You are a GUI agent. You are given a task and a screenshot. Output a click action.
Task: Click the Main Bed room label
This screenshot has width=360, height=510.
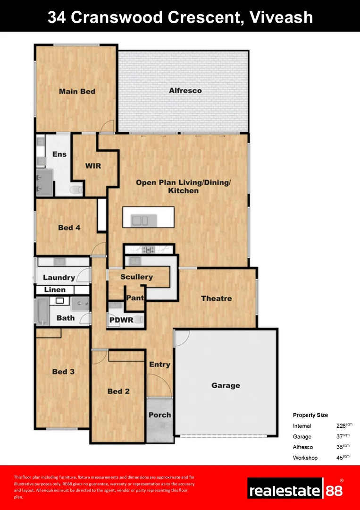pos(77,91)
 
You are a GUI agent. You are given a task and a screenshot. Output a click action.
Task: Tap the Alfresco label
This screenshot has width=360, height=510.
pos(185,90)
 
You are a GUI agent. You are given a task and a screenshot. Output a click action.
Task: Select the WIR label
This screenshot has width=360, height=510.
pos(93,166)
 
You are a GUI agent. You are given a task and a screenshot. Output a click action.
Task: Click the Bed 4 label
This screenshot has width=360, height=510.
pos(69,228)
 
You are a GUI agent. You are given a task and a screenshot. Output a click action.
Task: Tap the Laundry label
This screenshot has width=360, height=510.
pos(59,278)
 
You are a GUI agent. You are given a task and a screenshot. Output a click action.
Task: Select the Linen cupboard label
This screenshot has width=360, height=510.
pos(55,289)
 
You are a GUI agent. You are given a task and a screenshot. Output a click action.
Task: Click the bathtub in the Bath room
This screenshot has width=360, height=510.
pos(43,311)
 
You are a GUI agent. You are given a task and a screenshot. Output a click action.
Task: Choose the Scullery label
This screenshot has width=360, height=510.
pos(136,277)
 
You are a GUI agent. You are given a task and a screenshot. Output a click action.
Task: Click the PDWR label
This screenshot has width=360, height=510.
pos(121,320)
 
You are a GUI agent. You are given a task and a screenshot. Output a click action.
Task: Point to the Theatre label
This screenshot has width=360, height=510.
pos(216,298)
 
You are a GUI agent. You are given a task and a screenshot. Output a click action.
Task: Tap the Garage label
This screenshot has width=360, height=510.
pos(226,385)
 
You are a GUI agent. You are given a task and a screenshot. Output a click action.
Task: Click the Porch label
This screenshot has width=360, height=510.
pos(159,415)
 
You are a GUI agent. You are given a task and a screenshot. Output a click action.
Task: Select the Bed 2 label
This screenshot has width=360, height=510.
pos(118,391)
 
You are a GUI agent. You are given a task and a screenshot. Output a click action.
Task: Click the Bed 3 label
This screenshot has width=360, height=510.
pos(63,372)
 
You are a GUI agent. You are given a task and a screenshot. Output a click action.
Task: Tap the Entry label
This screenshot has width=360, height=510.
pos(159,364)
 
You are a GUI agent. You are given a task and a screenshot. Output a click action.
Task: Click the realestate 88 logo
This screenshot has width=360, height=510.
pos(296,489)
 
